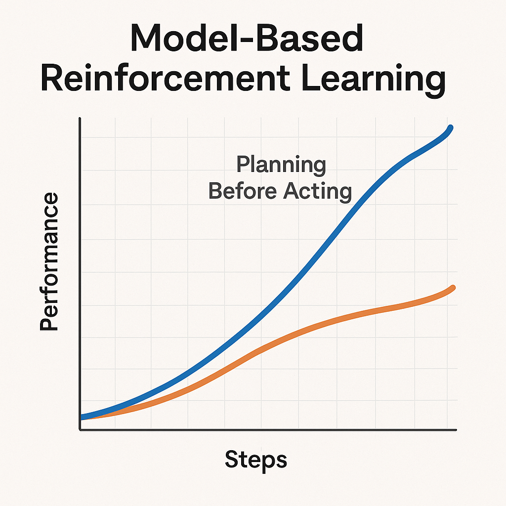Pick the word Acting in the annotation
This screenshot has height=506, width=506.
[318, 191]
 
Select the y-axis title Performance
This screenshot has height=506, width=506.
[49, 262]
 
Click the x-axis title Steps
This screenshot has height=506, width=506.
[255, 460]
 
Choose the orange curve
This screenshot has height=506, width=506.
[296, 333]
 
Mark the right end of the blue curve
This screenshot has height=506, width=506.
[451, 127]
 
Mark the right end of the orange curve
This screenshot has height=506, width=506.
[453, 288]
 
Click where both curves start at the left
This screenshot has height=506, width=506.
[82, 417]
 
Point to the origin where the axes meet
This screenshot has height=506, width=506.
[80, 430]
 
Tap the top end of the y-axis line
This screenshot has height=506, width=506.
[80, 119]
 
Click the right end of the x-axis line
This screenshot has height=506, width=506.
[456, 430]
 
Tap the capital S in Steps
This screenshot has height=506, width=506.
[232, 460]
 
